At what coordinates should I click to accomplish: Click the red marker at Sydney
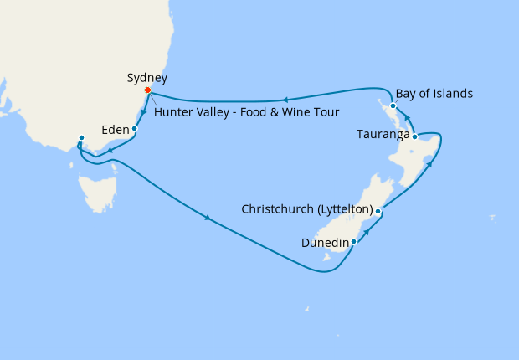pos(148,90)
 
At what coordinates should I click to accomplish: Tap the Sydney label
pos(146,78)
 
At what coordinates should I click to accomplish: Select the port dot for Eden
pos(135,129)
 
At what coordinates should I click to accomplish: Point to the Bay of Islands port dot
pos(392,106)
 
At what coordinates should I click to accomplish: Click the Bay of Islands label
pos(434,93)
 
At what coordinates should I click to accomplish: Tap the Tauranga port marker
pos(415,135)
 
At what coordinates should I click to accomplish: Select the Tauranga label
pos(383,134)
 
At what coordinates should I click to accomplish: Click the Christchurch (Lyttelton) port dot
pos(378,212)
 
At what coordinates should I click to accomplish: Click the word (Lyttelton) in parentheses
pos(341,208)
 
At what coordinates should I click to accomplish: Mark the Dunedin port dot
pos(354,242)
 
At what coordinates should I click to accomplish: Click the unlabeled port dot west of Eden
pos(81,137)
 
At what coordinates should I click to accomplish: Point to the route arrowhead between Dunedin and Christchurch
pos(367,226)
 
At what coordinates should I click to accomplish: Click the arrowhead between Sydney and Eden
pos(144,111)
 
